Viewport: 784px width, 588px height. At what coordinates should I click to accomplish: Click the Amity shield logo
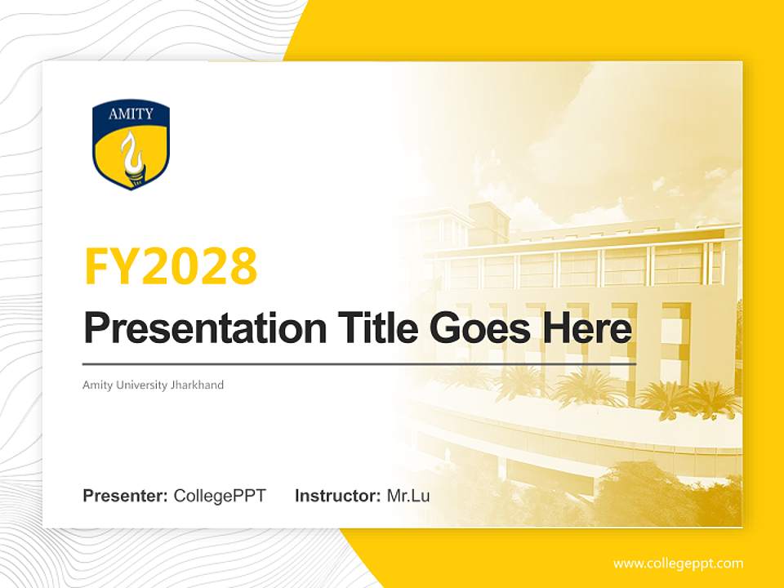131,145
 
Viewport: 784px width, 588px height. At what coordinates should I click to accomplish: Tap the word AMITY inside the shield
131,114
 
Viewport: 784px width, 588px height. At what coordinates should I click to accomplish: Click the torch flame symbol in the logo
130,155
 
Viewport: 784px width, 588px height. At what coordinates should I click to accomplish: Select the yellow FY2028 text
171,266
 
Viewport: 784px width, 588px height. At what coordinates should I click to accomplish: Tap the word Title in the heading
372,328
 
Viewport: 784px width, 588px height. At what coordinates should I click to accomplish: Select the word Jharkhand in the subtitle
197,385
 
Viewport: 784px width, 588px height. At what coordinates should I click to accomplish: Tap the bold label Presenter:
125,496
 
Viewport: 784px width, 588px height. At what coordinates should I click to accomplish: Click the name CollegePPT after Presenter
220,496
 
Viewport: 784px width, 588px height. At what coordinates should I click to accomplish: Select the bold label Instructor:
337,496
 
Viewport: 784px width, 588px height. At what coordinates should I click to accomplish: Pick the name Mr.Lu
408,496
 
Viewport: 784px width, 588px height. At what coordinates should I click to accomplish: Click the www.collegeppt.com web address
678,563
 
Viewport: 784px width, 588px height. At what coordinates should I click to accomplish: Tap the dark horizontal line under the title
359,363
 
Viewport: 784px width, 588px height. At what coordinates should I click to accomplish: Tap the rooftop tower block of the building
488,220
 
